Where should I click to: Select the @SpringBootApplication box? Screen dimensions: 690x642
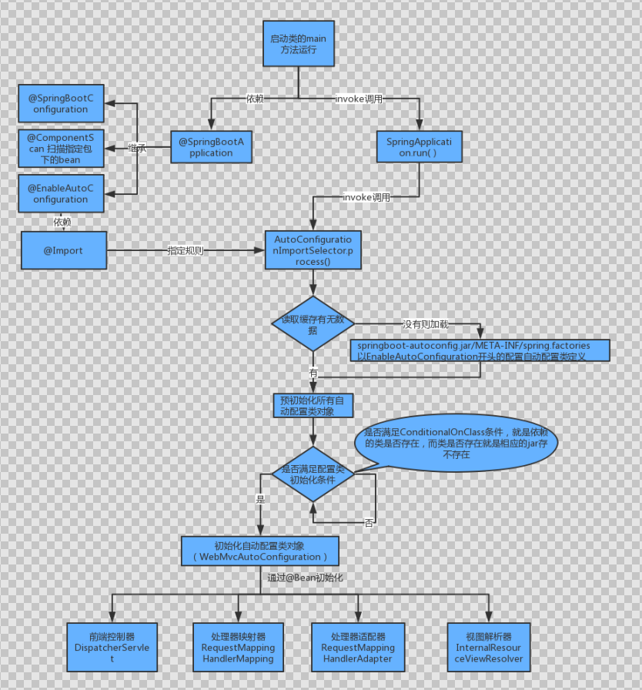click(211, 147)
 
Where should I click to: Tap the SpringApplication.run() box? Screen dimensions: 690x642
click(419, 147)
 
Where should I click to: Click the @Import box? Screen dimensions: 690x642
click(63, 250)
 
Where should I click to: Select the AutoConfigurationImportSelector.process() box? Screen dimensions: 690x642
click(313, 250)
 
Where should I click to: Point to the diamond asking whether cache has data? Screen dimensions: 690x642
click(313, 324)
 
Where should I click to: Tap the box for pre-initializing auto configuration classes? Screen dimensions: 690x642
click(313, 406)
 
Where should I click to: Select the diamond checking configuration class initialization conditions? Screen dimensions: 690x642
click(313, 474)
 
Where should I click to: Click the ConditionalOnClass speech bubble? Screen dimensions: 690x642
click(456, 444)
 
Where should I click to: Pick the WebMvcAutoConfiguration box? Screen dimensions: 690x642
click(259, 551)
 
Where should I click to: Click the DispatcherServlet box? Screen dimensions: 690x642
click(112, 648)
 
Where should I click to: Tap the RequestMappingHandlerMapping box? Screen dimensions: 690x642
click(238, 648)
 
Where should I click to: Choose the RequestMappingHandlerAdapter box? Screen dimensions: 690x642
click(357, 648)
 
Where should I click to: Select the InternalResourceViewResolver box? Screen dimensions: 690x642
click(489, 648)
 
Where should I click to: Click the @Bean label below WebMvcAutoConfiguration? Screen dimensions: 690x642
click(305, 578)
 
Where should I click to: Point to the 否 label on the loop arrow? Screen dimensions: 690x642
click(369, 524)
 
